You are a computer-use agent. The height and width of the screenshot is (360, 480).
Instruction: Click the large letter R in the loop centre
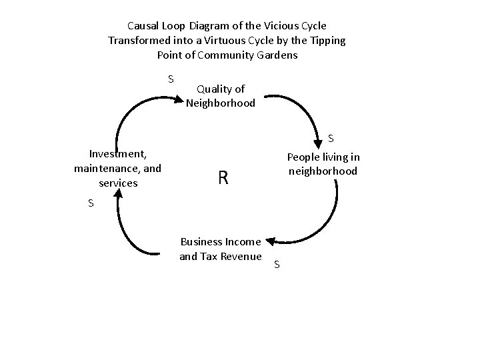coord(223,178)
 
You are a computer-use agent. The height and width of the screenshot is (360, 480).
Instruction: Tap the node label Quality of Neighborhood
coord(221,96)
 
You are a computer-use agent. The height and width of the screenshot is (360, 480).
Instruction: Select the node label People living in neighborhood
coord(323,164)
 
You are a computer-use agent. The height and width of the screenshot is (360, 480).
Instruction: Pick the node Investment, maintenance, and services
coord(118,167)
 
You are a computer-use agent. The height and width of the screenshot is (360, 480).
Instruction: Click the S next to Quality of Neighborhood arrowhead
coord(171,79)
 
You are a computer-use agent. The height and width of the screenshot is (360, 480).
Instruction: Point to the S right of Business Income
coord(277,265)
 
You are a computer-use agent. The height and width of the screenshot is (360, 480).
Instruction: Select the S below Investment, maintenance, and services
coord(91,203)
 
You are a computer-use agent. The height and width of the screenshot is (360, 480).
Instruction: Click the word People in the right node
coord(303,157)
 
